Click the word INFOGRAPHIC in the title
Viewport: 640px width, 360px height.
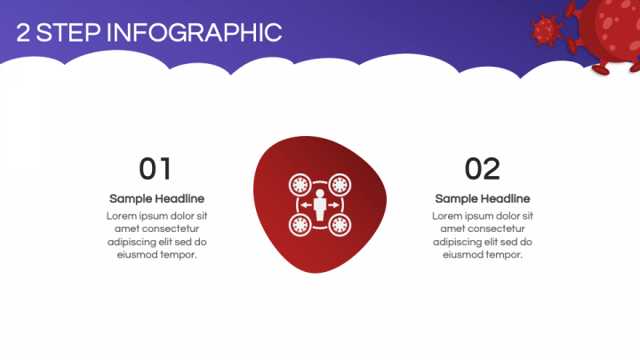click(x=195, y=33)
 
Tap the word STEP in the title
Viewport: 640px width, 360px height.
click(x=68, y=33)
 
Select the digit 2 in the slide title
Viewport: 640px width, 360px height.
click(x=23, y=33)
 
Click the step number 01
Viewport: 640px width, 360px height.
click(x=155, y=169)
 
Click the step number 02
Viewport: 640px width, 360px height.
click(x=483, y=169)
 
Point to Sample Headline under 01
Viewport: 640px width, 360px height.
click(x=156, y=199)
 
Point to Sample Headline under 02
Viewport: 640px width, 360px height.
click(x=483, y=199)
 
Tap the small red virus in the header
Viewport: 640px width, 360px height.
click(x=547, y=30)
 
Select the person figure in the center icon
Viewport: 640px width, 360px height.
click(x=320, y=204)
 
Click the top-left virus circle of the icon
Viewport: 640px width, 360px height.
click(x=300, y=185)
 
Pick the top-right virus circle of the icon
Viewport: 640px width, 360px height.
click(x=340, y=185)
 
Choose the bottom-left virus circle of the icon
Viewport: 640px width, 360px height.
click(x=300, y=225)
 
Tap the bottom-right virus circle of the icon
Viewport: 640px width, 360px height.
click(x=340, y=225)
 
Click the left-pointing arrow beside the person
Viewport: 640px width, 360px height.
click(x=307, y=205)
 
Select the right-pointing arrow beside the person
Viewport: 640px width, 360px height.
click(x=334, y=205)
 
